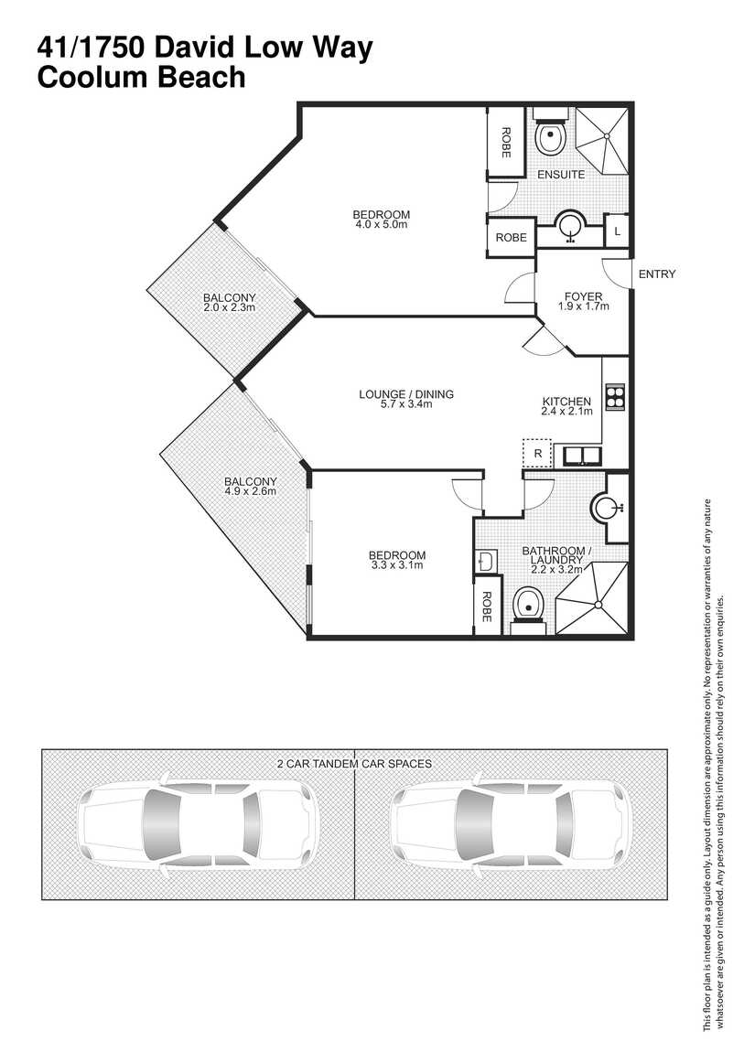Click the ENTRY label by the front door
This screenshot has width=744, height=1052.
[x=656, y=274]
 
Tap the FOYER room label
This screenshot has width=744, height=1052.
[x=583, y=296]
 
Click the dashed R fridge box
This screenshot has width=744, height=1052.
[x=537, y=453]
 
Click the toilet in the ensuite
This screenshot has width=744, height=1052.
[x=550, y=138]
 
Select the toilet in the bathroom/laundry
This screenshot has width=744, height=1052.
[x=528, y=606]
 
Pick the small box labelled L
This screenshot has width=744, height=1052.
[x=617, y=231]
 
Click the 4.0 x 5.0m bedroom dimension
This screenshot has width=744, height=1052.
[x=381, y=224]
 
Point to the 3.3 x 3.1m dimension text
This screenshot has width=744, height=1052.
[x=396, y=565]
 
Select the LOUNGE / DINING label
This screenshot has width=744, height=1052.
[x=405, y=395]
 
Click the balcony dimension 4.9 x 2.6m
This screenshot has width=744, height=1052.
[x=250, y=491]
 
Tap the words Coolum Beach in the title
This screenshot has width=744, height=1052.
[x=141, y=77]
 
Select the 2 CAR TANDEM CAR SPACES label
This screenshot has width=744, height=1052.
[x=353, y=762]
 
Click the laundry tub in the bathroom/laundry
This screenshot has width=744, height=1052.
[x=485, y=560]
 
